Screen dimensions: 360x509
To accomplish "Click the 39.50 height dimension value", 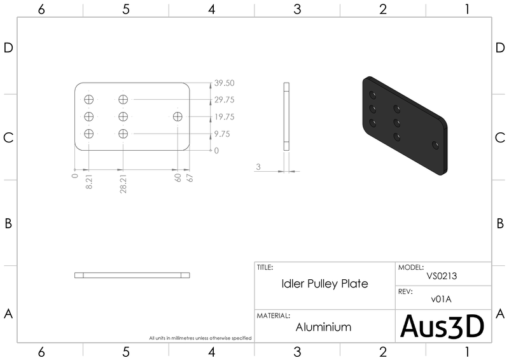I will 225,83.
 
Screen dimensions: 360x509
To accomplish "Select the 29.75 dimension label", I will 225,100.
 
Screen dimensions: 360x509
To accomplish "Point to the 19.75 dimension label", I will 225,117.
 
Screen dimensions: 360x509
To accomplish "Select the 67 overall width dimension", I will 189,178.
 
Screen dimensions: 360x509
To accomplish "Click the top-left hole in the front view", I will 88,99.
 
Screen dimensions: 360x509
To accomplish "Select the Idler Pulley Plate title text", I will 324,284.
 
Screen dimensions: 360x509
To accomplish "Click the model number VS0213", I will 442,277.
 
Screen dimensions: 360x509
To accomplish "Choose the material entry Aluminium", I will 324,327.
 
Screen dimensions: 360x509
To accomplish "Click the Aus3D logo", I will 442,326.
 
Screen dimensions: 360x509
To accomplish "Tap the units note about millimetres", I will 200,338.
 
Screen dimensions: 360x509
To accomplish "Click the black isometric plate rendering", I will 403,124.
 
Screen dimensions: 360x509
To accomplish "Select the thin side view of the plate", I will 286,116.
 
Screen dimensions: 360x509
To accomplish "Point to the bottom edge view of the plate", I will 132,275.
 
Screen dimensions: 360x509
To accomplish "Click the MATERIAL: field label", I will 274,315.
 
